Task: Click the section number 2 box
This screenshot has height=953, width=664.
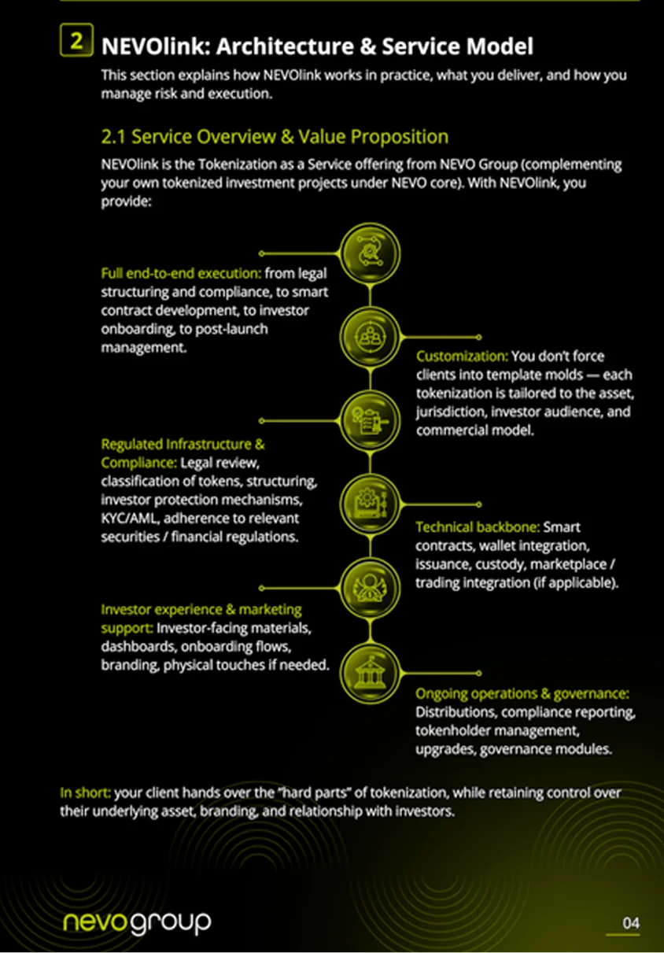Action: [76, 40]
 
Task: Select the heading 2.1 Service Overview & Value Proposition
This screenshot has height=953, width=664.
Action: [275, 137]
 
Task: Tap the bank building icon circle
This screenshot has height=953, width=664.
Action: [370, 673]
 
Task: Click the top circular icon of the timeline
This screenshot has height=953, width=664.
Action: [370, 253]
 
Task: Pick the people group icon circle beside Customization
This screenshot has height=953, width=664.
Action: [370, 337]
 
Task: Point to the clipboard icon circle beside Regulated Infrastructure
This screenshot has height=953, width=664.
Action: [370, 420]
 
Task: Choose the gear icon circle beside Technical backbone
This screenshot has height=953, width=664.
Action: [370, 504]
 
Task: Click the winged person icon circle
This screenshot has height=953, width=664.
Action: [370, 588]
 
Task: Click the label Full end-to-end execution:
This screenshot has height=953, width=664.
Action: [181, 273]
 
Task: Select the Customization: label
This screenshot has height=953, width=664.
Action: [462, 356]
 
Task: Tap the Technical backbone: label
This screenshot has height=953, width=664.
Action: [478, 527]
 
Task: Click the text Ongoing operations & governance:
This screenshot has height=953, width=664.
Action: [522, 693]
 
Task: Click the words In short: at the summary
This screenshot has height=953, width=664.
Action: [85, 792]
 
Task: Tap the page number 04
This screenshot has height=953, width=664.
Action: [630, 923]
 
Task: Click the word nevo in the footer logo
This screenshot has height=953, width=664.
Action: [95, 922]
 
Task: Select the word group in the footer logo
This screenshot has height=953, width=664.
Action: [170, 924]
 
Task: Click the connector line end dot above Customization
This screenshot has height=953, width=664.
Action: [478, 337]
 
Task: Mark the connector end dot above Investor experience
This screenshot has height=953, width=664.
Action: [262, 588]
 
